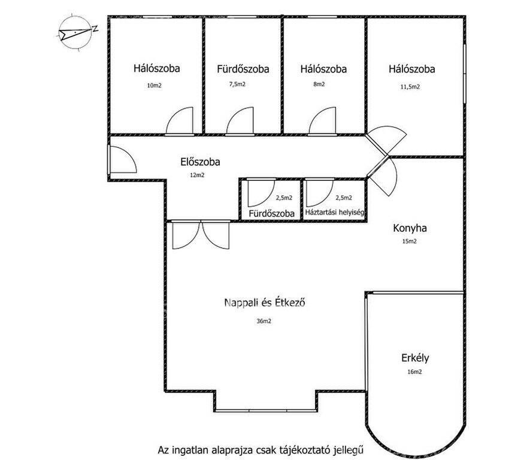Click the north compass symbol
75,32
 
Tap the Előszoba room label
200,162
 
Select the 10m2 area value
155,86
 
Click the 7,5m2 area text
237,84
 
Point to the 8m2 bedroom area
319,84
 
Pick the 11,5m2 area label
410,87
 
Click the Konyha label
410,228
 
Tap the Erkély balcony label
415,358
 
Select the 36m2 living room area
264,321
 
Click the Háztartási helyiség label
334,213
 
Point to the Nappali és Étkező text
265,302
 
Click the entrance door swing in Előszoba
123,159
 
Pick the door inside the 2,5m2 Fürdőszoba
261,193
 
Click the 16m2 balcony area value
414,372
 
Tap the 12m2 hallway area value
197,175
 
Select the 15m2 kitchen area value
409,241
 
